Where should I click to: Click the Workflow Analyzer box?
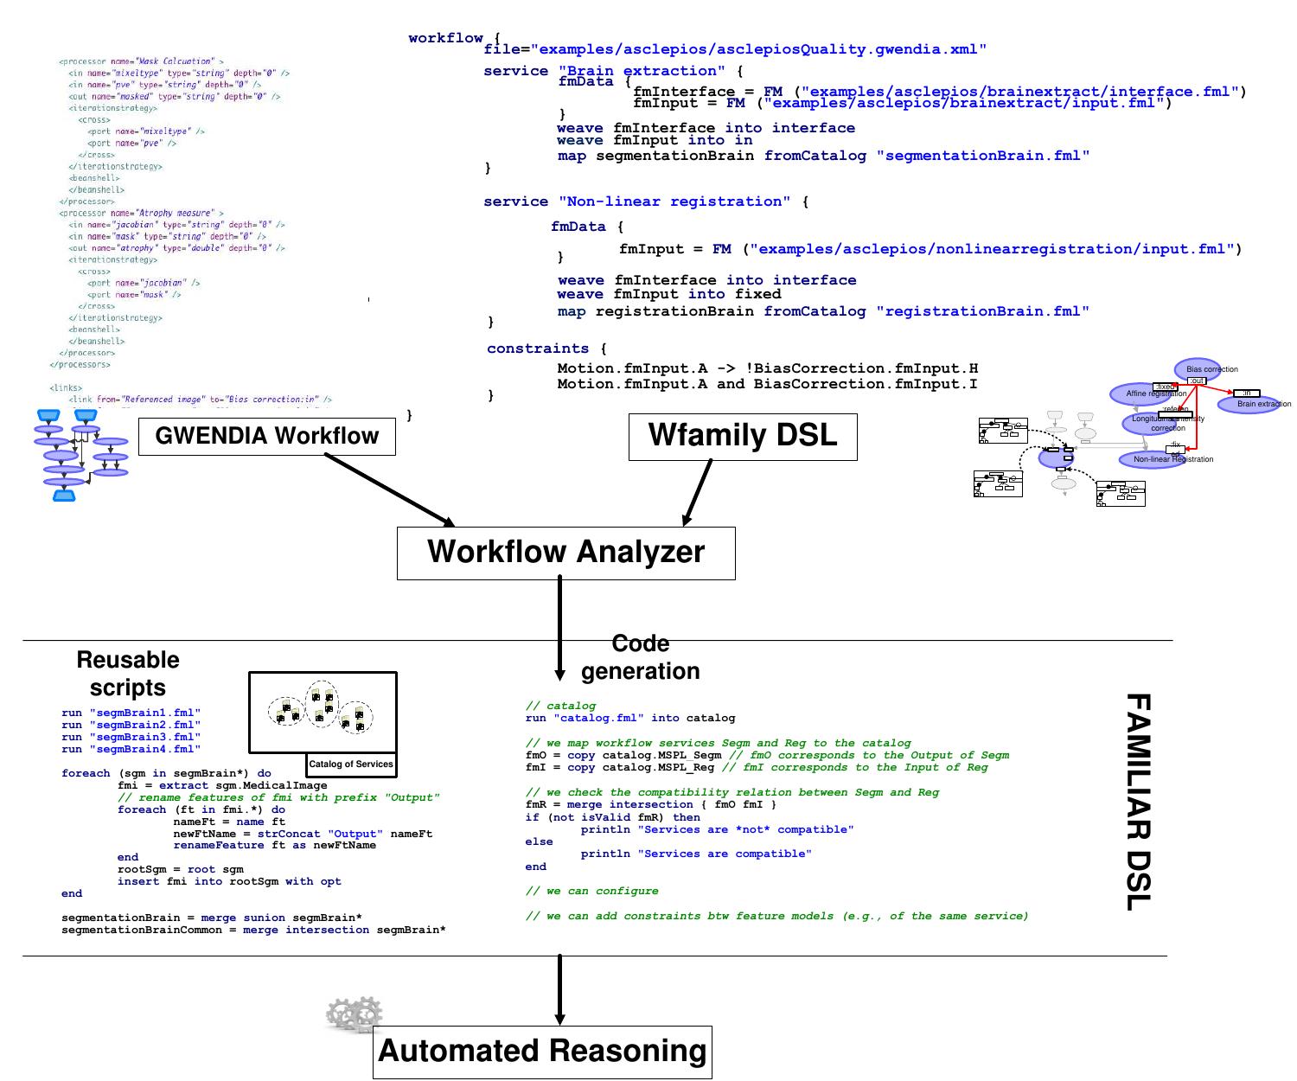(565, 553)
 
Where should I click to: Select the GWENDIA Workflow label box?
(266, 436)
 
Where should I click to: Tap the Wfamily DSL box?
(743, 435)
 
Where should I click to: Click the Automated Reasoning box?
(542, 1052)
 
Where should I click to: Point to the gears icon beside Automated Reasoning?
(355, 1014)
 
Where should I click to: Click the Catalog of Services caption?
(351, 764)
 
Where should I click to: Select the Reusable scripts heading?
(128, 674)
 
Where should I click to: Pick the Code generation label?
(640, 657)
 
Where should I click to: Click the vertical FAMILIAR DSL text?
(1139, 801)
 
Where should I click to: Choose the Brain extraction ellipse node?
(1249, 404)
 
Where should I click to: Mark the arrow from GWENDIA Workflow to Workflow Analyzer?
(390, 489)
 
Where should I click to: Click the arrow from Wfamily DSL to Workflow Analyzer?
(698, 492)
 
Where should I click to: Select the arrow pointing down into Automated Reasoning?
(559, 990)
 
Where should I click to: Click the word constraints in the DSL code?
(537, 349)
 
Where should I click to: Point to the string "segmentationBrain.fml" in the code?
(983, 156)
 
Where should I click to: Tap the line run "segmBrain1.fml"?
(131, 713)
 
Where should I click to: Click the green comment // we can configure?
(591, 891)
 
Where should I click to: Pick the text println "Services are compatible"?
(695, 854)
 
